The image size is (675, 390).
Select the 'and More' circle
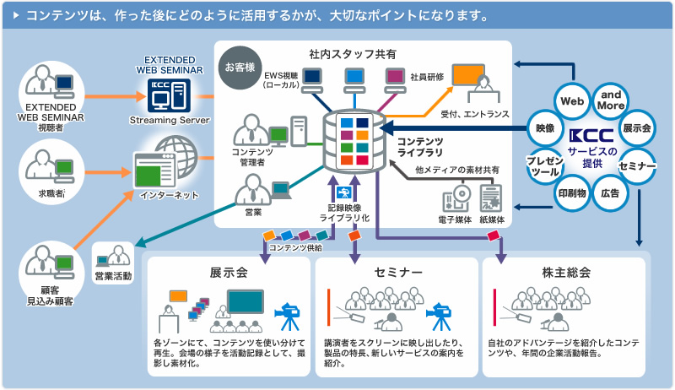pos(613,100)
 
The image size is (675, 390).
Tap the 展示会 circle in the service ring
pos(637,129)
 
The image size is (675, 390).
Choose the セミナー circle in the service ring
pos(637,166)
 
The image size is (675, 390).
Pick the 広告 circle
pos(610,193)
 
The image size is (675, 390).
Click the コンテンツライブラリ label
pos(420,146)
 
